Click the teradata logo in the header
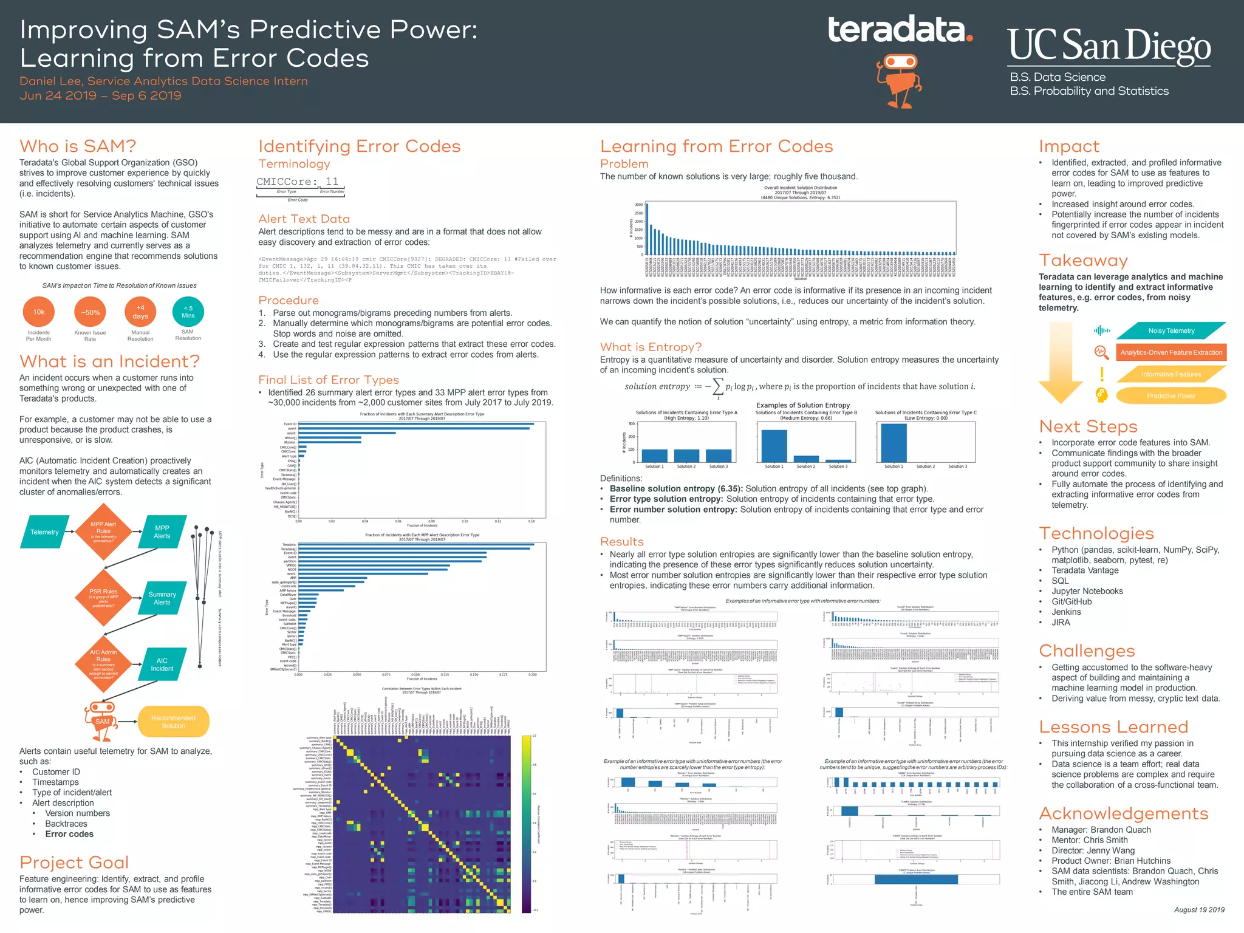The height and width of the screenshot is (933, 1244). point(900,30)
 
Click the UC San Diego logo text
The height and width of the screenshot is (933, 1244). point(1109,46)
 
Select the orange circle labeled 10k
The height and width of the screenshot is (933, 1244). point(39,312)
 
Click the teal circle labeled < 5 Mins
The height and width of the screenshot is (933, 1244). point(188,312)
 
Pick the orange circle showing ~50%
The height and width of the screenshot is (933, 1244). point(90,312)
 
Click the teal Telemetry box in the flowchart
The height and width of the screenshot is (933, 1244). point(44,532)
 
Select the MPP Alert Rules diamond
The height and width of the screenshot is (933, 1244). point(103,531)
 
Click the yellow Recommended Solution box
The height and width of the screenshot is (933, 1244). point(173,722)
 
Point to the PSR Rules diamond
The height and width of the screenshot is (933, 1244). point(103,597)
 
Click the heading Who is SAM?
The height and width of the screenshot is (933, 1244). point(78,146)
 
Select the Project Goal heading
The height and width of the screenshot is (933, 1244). point(74,863)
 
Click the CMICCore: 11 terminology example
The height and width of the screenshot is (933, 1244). point(298,182)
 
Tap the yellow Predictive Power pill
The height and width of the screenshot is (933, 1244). point(1171,396)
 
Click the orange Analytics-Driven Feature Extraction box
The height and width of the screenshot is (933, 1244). point(1171,352)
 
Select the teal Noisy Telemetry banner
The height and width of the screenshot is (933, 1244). point(1171,331)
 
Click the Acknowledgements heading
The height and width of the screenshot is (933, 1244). point(1123,813)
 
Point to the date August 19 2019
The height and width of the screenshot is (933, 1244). point(1198,910)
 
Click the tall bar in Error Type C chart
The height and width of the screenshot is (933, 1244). point(894,443)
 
